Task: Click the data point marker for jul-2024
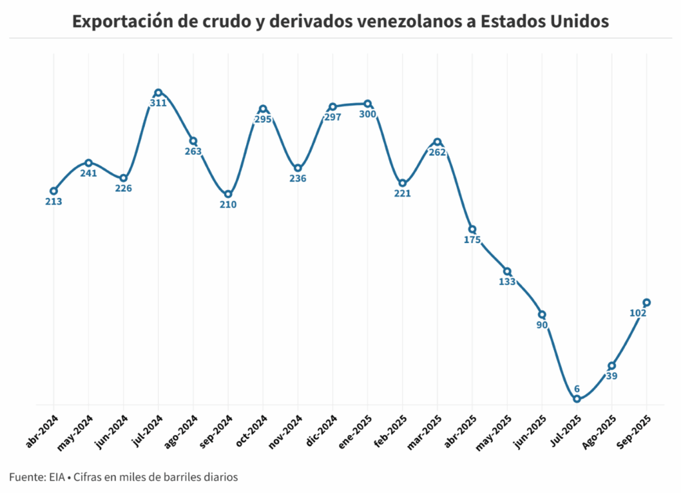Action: point(158,93)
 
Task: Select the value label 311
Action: point(158,104)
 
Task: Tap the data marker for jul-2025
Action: point(577,399)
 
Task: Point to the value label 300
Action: point(368,114)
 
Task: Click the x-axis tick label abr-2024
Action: point(41,431)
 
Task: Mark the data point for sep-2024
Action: point(228,194)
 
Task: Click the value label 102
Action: point(638,313)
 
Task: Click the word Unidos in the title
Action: point(577,21)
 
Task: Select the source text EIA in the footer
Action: point(57,477)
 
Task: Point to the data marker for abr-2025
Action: point(472,229)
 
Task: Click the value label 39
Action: point(611,376)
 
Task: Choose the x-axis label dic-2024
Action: point(321,431)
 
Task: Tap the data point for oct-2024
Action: point(263,109)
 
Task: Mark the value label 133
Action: point(507,282)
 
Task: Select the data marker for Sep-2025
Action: point(646,302)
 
